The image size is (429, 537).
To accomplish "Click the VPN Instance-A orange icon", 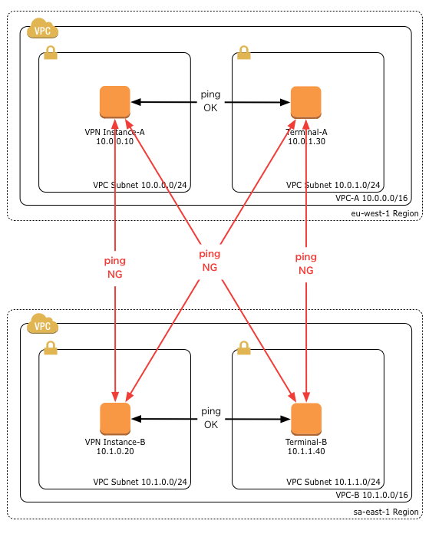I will click(114, 102).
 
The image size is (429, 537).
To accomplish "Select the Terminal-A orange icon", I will click(305, 102).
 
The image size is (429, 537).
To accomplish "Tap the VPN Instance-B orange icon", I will click(114, 418).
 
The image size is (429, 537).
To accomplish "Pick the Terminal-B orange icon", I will click(305, 418).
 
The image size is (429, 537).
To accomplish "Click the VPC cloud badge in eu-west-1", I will click(42, 31).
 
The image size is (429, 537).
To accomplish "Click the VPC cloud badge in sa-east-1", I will click(42, 325).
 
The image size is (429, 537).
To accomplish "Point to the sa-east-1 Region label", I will click(386, 510).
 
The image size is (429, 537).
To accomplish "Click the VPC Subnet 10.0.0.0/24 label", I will click(140, 185).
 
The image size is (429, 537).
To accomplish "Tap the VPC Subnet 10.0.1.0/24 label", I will click(333, 185).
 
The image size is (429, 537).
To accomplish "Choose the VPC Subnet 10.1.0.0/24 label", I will click(140, 482).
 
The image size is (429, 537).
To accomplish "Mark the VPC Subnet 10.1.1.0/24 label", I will click(333, 482).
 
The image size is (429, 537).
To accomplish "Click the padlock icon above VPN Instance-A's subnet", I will click(51, 52).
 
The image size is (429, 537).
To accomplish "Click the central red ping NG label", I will click(210, 260).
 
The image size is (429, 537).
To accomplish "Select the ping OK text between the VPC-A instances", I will click(210, 100).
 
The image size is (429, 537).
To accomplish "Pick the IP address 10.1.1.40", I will click(306, 451).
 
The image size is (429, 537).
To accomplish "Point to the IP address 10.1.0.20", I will click(114, 451).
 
